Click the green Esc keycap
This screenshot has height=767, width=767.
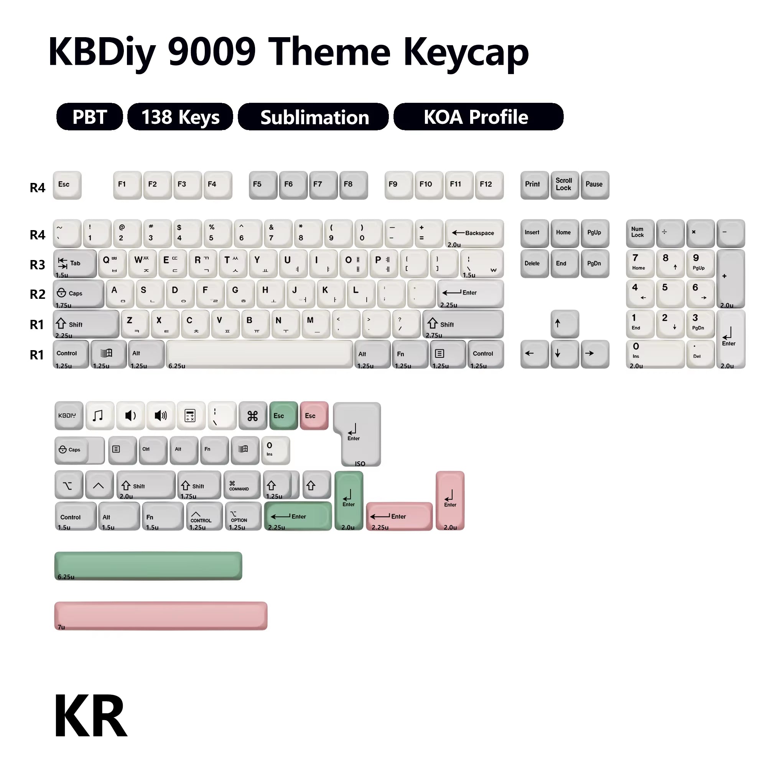click(283, 415)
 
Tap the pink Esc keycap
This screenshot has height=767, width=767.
click(314, 415)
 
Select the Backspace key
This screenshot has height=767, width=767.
click(474, 234)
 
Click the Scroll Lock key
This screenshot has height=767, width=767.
click(564, 184)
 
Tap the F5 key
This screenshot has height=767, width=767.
click(263, 184)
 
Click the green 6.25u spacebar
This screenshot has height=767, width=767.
click(148, 565)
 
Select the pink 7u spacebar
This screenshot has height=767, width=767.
click(161, 616)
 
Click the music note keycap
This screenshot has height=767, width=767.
click(100, 415)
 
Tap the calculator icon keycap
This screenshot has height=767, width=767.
click(191, 415)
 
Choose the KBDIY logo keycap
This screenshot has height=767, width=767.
click(69, 415)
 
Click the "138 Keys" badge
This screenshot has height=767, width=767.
click(180, 117)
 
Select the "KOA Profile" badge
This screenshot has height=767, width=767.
click(478, 117)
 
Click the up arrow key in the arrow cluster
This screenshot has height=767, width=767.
click(564, 324)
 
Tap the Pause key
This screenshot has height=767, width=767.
click(594, 184)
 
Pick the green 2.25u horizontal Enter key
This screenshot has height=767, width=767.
click(298, 516)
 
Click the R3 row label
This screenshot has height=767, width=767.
click(37, 265)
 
